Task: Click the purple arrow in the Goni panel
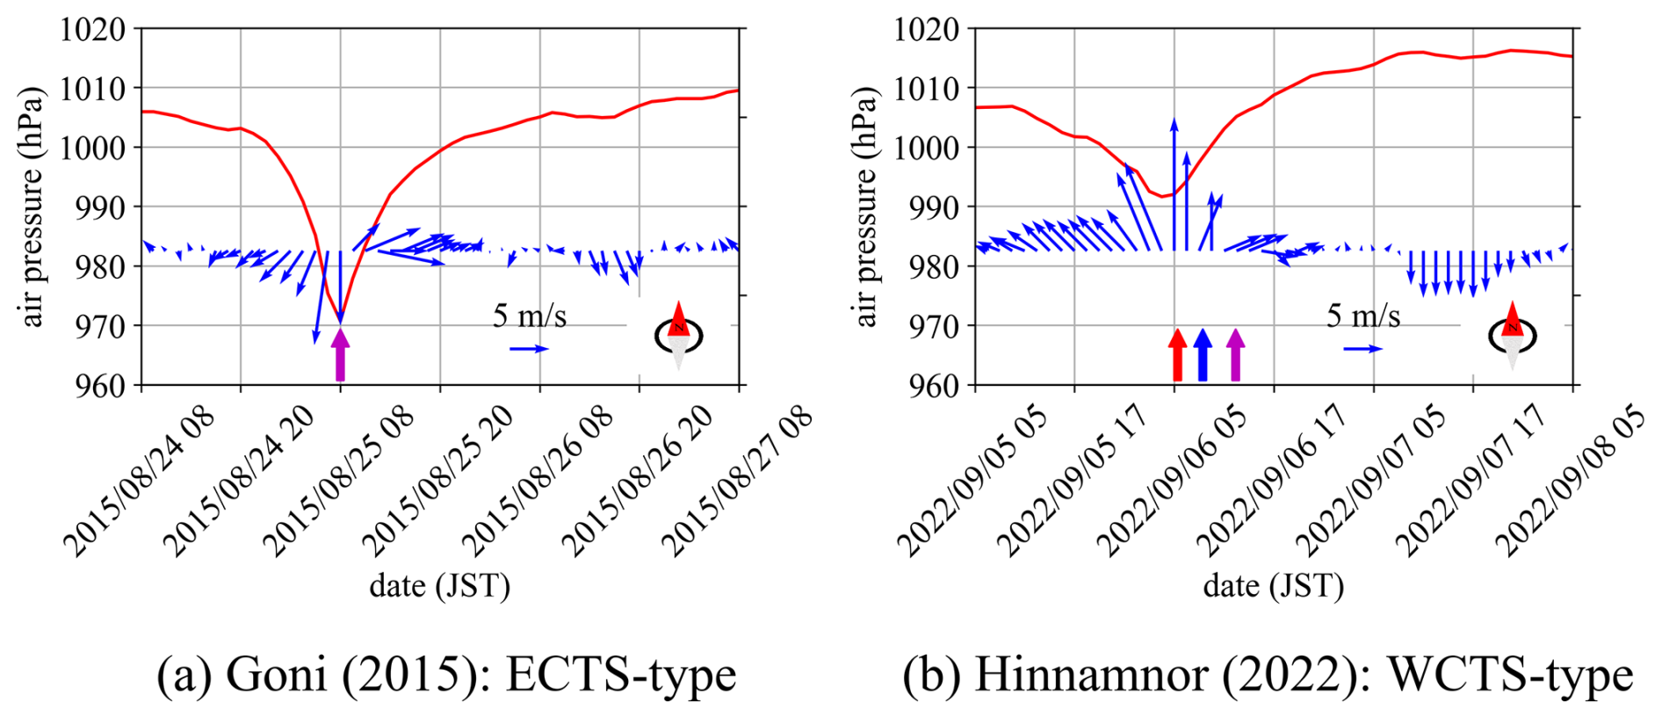coord(340,354)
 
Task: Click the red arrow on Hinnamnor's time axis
coord(1177,354)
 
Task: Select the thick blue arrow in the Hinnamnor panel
coord(1203,354)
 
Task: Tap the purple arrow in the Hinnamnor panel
coord(1235,354)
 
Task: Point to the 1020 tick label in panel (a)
coord(92,30)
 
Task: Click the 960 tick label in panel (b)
coord(927,385)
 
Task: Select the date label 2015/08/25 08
coord(338,482)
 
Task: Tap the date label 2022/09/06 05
coord(1173,482)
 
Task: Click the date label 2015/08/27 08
coord(736,482)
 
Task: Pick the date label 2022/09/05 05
coord(972,482)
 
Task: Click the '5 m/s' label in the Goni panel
coord(529,316)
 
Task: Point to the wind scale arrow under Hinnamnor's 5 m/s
coord(1362,349)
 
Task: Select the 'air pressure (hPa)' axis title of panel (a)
coord(32,207)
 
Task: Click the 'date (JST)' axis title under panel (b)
coord(1273,585)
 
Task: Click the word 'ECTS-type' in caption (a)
coord(621,675)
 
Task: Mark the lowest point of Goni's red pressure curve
coord(341,319)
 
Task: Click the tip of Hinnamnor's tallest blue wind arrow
coord(1174,119)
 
